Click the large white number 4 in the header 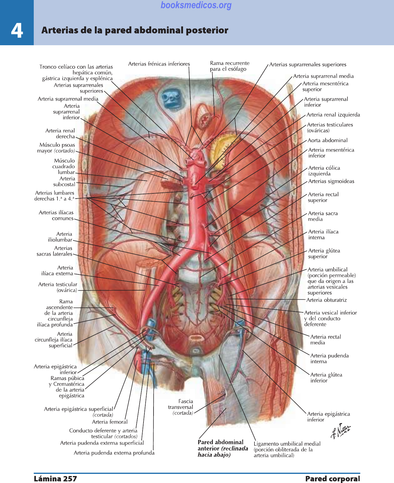[x=17, y=30]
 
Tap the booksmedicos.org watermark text [x=196, y=5]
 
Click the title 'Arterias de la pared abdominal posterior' [x=135, y=30]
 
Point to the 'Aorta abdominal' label [x=327, y=140]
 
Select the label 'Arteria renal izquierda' [x=333, y=115]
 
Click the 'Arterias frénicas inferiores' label [x=159, y=64]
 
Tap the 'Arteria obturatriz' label [x=327, y=300]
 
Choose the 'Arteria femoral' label [x=110, y=422]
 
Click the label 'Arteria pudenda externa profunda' [x=114, y=453]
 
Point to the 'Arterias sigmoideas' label [x=331, y=181]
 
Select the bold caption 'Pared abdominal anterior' [x=221, y=448]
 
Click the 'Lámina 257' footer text [x=55, y=479]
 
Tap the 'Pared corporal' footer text [x=333, y=479]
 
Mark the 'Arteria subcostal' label [x=64, y=181]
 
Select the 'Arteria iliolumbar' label [x=60, y=237]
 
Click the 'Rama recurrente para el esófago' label [x=230, y=66]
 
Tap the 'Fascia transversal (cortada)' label [x=181, y=407]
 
